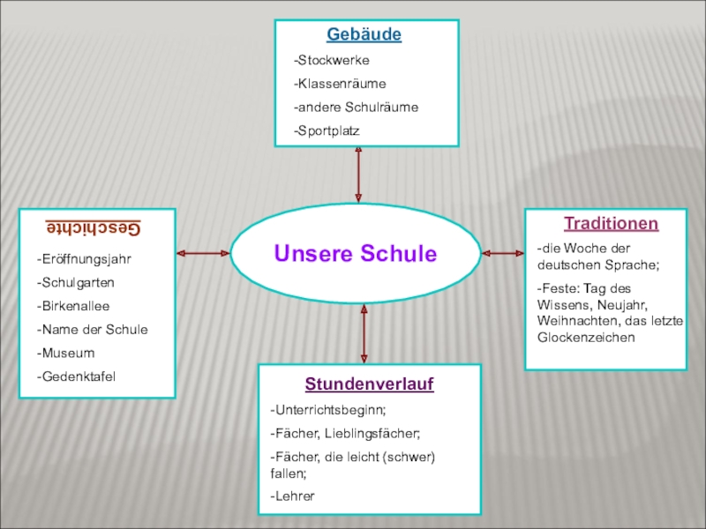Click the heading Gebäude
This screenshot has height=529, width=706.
364,35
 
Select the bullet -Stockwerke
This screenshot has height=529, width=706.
332,61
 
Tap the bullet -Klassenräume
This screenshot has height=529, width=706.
340,84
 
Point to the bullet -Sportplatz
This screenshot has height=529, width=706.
327,130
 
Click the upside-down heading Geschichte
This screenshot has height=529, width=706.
94,227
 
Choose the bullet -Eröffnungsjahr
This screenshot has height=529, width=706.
84,259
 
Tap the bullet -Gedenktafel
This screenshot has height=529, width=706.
76,376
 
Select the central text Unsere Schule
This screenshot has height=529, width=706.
355,254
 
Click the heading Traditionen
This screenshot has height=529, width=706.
611,224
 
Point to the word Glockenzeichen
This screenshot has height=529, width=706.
586,338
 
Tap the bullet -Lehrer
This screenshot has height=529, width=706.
293,496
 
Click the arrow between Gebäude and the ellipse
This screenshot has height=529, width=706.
358,175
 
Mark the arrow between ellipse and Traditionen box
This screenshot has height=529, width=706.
503,253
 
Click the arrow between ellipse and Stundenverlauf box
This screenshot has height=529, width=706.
364,332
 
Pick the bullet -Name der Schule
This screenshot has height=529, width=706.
92,330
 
